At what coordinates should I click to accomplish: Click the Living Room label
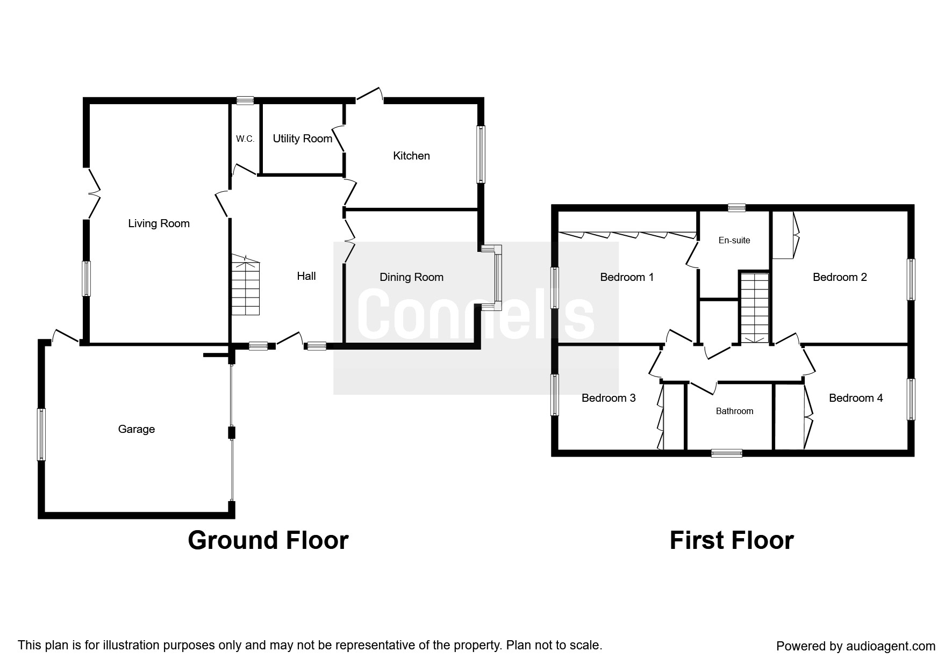(x=159, y=223)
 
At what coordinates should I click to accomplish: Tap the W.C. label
(x=245, y=139)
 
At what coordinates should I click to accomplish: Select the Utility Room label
(x=303, y=139)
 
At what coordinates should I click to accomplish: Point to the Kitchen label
(x=411, y=156)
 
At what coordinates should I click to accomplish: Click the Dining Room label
(x=411, y=277)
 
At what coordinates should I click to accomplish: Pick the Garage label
(x=137, y=429)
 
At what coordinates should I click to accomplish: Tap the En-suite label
(x=734, y=240)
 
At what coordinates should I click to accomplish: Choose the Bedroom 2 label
(x=840, y=277)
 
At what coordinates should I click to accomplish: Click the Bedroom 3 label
(x=609, y=398)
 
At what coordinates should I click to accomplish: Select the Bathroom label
(x=734, y=411)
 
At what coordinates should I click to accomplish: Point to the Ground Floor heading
(x=268, y=540)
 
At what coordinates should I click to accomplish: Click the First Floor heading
(x=732, y=540)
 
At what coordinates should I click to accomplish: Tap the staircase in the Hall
(x=245, y=285)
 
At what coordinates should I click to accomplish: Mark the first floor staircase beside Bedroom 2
(x=755, y=308)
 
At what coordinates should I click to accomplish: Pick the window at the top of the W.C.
(x=246, y=100)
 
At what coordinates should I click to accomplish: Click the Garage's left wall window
(x=41, y=435)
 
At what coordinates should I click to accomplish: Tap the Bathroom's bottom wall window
(x=727, y=453)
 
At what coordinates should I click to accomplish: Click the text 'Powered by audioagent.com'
(x=856, y=647)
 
